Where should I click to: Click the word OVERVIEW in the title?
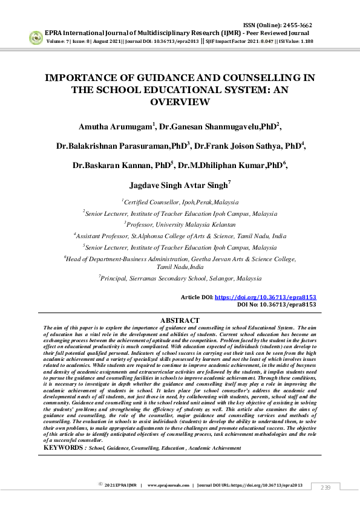point(180,103)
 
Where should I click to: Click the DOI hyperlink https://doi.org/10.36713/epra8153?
point(266,298)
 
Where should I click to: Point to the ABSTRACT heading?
point(180,320)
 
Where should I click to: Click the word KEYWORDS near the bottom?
point(64,448)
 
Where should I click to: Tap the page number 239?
point(326,487)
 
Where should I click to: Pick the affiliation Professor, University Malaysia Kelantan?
point(180,224)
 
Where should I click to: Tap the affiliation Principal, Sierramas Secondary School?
point(180,280)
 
